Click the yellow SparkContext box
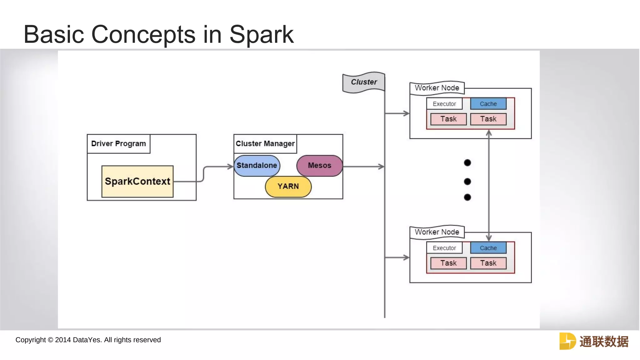137,181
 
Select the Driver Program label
118,144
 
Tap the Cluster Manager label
265,144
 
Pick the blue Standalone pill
257,166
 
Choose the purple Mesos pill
319,166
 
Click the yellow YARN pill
288,187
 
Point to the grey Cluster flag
363,82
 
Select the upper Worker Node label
437,88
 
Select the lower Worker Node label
437,232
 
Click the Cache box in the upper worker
488,104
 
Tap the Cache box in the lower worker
488,248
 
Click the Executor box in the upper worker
444,104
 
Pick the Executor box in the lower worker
444,248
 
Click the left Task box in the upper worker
448,119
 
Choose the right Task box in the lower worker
488,263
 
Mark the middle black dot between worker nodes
467,182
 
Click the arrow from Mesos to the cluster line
364,167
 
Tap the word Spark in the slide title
261,34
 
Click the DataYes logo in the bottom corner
594,341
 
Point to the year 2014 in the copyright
63,340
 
